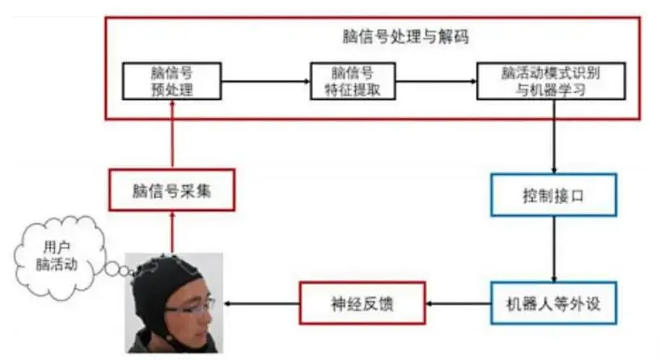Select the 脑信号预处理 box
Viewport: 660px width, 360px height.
[x=172, y=81]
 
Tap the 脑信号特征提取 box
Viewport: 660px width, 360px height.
[x=354, y=81]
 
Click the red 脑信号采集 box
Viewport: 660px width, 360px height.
[x=171, y=191]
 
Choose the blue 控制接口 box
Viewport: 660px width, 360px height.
[x=553, y=195]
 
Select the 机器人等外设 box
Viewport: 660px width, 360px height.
[x=553, y=304]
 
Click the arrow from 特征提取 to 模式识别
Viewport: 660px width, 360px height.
[x=437, y=81]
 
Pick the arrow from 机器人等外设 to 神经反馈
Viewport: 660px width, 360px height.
[x=457, y=304]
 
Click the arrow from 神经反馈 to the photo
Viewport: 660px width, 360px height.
[x=262, y=304]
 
